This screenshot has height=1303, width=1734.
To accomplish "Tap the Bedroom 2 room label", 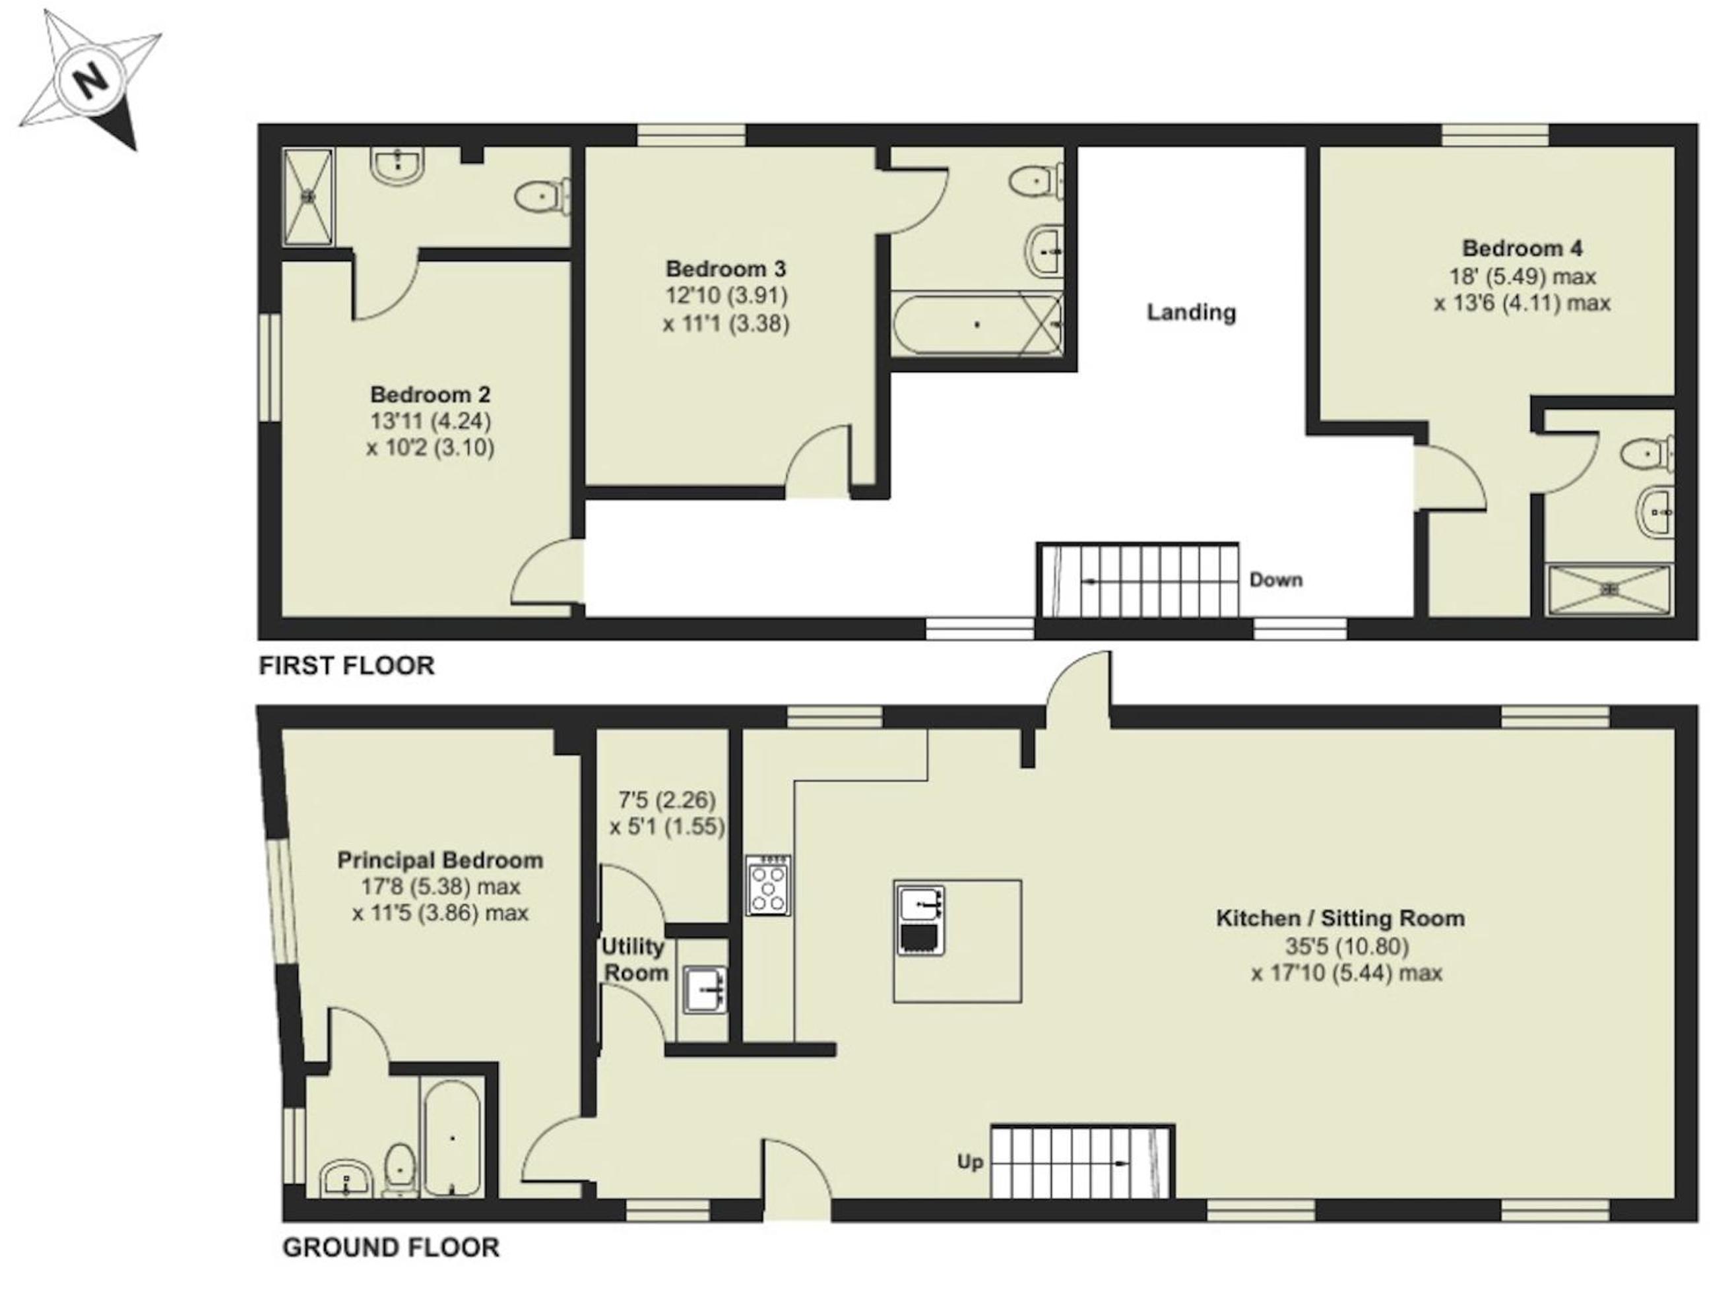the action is tap(430, 394).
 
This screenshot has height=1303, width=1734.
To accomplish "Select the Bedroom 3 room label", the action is tap(725, 269).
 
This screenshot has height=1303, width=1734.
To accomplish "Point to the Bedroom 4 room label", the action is tap(1522, 249).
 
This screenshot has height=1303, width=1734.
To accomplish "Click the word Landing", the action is tap(1192, 313).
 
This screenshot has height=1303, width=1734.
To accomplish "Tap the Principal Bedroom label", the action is tap(440, 860).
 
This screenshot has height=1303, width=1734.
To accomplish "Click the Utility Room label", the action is tap(634, 960).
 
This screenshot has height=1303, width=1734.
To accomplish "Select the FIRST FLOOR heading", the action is tap(346, 666).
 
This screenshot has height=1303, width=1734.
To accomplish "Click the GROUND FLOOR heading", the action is tap(391, 1248).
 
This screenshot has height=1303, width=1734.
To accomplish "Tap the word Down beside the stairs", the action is tap(1275, 580).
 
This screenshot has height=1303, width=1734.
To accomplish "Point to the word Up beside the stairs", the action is tap(970, 1162).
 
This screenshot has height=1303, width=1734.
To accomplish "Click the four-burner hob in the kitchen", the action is tap(768, 885).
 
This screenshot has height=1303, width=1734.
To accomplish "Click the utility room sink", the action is tap(705, 991).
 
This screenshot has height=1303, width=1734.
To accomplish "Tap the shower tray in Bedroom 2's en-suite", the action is tap(308, 196).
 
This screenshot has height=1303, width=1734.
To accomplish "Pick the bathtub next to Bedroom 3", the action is tap(977, 324).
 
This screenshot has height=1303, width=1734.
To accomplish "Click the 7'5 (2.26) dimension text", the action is tap(667, 800).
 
